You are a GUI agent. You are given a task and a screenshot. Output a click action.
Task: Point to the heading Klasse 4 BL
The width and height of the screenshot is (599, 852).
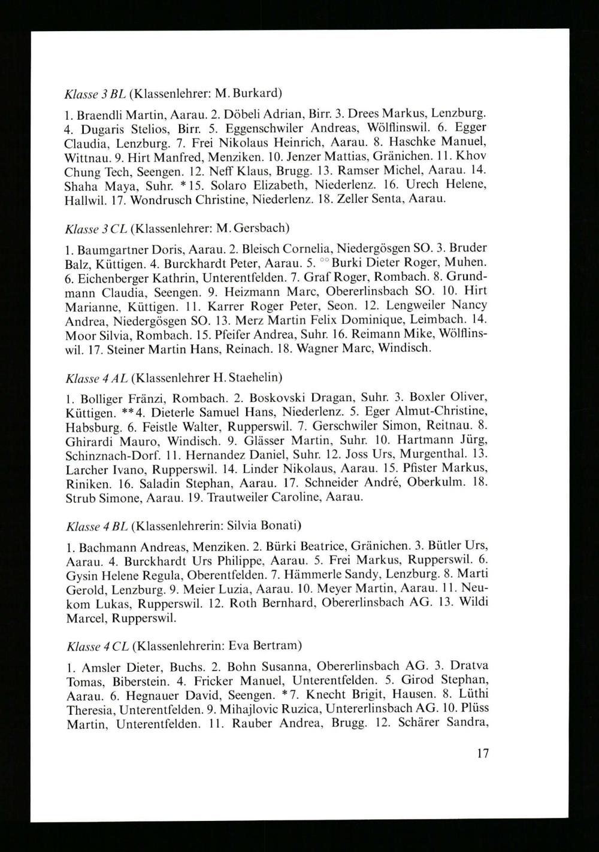tap(96, 526)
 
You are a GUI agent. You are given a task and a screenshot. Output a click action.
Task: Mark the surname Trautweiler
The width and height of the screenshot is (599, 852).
tap(228, 498)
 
